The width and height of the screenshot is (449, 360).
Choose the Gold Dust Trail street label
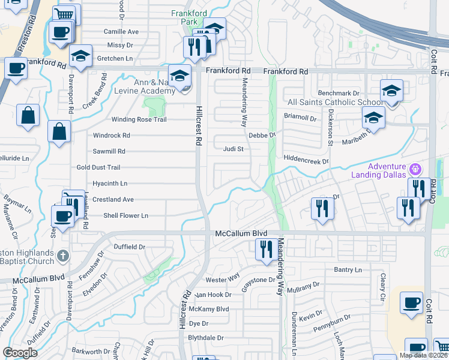click(x=98, y=167)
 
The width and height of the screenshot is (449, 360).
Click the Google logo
click(x=20, y=353)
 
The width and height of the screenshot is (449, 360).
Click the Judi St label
click(x=232, y=149)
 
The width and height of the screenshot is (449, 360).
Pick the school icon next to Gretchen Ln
click(x=80, y=55)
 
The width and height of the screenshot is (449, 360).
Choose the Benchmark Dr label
click(x=339, y=94)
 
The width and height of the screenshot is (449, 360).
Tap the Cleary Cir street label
click(x=382, y=287)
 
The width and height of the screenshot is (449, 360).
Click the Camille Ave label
click(x=121, y=32)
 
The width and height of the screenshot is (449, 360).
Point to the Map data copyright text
click(x=423, y=355)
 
